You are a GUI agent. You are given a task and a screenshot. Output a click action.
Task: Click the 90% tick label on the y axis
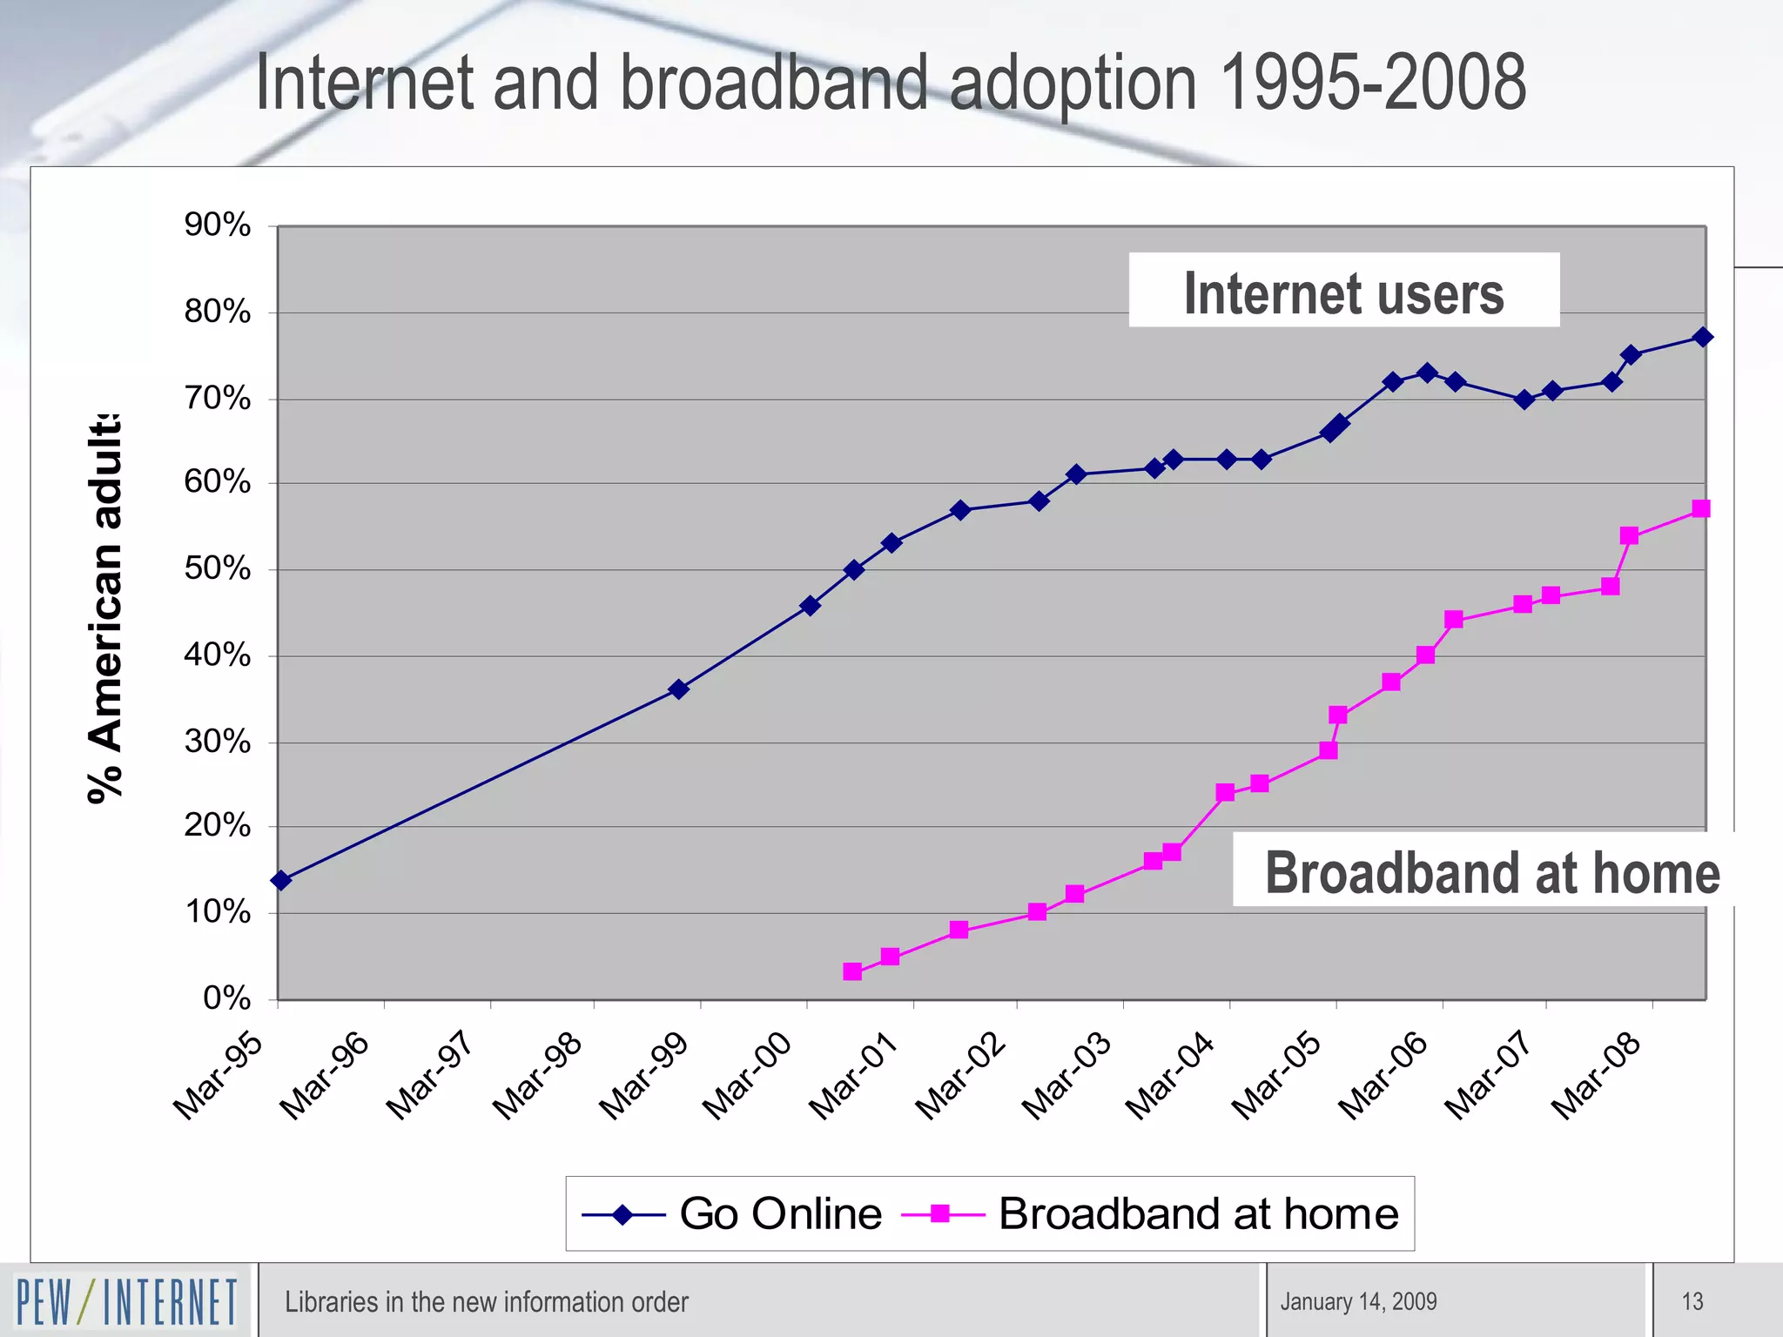click(x=217, y=225)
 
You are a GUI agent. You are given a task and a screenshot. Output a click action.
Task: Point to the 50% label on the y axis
click(x=217, y=569)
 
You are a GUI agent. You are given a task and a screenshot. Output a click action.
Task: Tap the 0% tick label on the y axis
click(x=226, y=998)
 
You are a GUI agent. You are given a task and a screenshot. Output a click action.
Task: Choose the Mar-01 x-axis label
click(x=853, y=1076)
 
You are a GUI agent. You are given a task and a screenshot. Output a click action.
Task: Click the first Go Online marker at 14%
click(x=281, y=880)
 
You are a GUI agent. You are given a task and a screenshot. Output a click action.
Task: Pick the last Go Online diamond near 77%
click(x=1704, y=337)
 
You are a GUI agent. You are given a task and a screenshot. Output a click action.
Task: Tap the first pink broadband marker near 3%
click(x=852, y=971)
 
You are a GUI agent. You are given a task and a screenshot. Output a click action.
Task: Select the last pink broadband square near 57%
click(x=1701, y=508)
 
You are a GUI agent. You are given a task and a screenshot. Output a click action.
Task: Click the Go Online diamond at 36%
click(x=679, y=689)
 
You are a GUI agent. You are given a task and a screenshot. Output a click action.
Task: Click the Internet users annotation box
click(x=1343, y=291)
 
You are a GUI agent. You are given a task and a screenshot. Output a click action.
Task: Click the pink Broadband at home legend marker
click(x=940, y=1213)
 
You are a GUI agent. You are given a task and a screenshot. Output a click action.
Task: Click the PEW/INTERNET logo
click(x=127, y=1300)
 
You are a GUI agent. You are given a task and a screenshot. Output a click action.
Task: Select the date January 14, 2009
click(x=1358, y=1301)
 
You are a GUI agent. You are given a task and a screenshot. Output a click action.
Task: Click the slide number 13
click(x=1692, y=1301)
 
